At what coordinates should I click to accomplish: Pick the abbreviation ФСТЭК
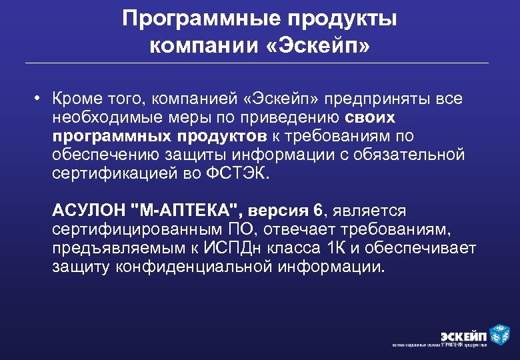pos(244,173)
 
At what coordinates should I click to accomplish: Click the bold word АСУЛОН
pos(90,211)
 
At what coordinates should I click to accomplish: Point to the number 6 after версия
pos(317,211)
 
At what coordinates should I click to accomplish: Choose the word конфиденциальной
pos(197,267)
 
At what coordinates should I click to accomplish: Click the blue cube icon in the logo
pos(499,333)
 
